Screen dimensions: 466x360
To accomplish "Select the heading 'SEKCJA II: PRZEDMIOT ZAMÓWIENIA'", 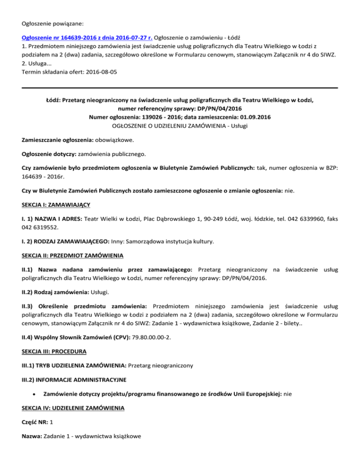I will [x=73, y=256].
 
